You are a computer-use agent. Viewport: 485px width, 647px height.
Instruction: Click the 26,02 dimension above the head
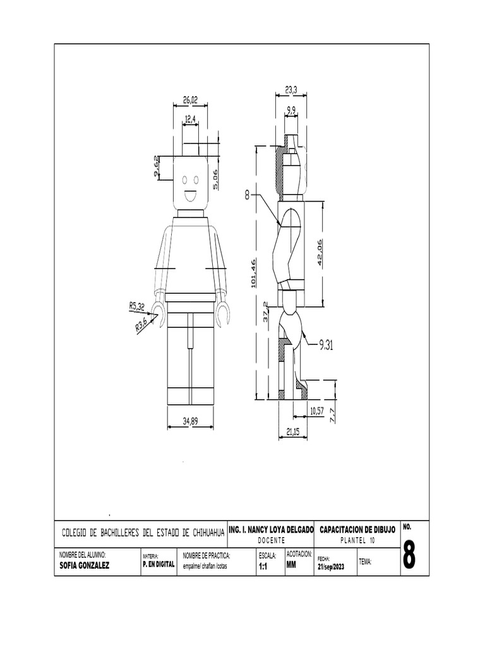(x=190, y=99)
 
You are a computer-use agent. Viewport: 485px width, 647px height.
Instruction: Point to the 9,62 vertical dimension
(x=157, y=167)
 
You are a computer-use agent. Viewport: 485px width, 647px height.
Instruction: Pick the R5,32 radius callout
(x=137, y=307)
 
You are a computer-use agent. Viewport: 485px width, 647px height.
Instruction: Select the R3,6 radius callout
(x=142, y=325)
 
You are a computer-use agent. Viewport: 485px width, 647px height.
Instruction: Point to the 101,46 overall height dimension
(x=253, y=273)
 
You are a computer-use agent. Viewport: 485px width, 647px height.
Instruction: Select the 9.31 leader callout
(x=326, y=344)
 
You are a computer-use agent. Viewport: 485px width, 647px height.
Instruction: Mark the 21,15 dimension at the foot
(x=292, y=431)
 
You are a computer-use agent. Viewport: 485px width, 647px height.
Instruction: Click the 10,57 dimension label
(x=318, y=411)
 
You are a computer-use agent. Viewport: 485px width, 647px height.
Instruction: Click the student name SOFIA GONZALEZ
(x=84, y=565)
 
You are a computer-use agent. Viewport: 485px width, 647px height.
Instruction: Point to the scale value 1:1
(x=263, y=567)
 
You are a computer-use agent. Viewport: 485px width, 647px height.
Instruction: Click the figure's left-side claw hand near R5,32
(x=161, y=313)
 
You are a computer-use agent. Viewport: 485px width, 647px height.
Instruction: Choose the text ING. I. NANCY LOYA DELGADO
(x=270, y=528)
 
